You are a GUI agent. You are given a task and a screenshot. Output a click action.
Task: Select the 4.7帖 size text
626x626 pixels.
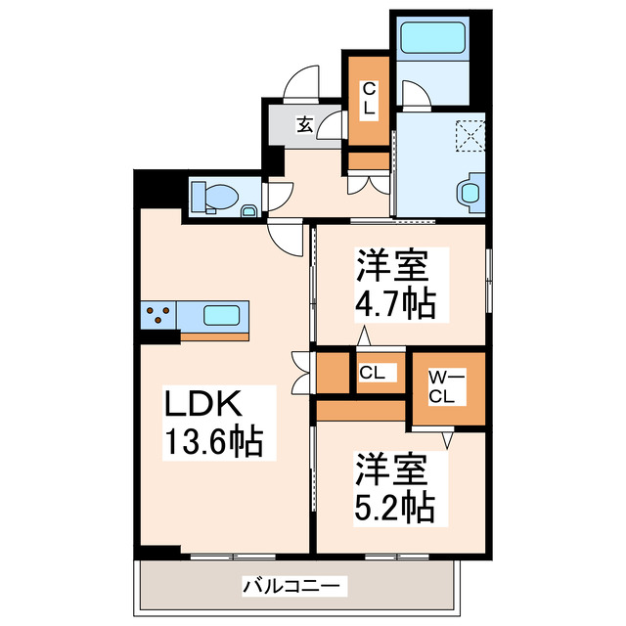394,304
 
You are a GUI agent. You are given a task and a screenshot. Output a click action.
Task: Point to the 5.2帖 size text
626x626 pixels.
394,506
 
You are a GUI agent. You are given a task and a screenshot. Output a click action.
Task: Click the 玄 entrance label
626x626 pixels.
304,124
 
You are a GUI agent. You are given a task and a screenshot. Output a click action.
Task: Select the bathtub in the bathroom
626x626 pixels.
431,40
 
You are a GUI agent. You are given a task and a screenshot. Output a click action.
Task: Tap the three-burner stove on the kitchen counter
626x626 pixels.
160,316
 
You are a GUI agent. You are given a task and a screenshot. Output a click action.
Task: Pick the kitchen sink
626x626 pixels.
222,316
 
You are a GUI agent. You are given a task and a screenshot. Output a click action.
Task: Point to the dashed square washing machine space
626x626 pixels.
470,133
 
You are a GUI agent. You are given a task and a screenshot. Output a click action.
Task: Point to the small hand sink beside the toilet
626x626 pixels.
248,209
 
